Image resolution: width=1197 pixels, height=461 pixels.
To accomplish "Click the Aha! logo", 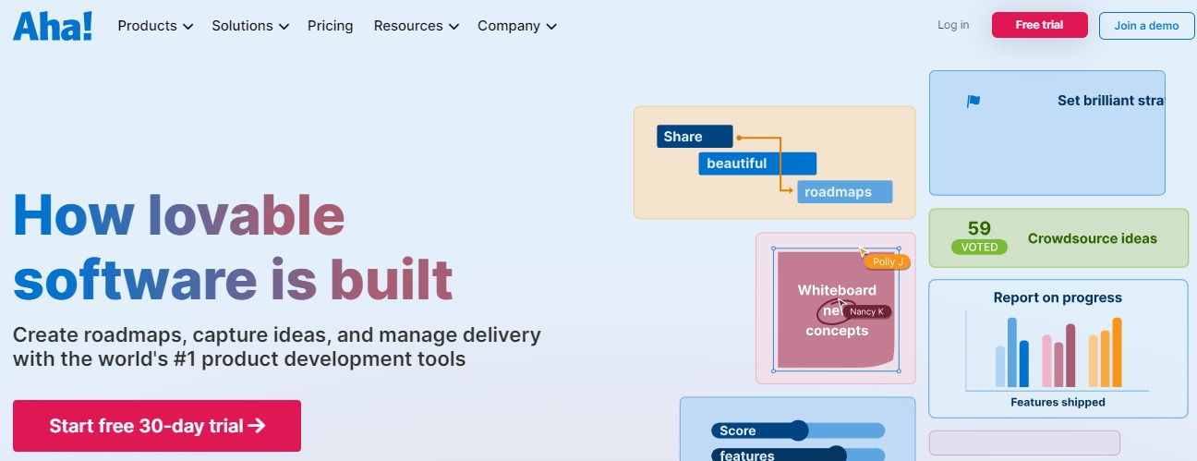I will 53,25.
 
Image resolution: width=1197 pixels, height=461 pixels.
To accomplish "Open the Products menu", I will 155,26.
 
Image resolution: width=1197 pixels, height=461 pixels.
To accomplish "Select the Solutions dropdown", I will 249,26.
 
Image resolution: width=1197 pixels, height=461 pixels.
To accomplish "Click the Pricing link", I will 330,26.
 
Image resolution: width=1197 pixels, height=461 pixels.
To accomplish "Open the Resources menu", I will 416,26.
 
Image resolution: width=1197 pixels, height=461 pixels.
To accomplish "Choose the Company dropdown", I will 516,26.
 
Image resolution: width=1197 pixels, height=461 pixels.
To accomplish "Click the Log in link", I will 953,25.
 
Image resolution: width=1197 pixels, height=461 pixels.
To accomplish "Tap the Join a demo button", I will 1146,26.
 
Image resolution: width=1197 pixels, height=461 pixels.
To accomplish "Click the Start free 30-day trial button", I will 157,426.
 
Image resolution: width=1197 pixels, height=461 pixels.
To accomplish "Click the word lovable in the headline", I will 247,215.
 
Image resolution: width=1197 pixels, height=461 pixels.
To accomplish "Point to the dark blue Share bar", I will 695,137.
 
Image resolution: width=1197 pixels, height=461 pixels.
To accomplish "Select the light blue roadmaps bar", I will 845,192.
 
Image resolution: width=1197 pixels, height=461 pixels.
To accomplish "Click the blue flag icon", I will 973,102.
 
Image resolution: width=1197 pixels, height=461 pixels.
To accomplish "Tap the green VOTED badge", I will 979,248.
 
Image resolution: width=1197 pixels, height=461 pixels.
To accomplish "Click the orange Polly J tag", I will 888,262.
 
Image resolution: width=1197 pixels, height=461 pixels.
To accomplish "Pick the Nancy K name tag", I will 867,312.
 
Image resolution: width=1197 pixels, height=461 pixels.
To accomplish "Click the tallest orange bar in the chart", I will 1117,352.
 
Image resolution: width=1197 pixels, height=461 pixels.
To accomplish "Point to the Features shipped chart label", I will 1058,402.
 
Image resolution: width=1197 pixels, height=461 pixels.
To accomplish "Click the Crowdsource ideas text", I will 1092,238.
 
